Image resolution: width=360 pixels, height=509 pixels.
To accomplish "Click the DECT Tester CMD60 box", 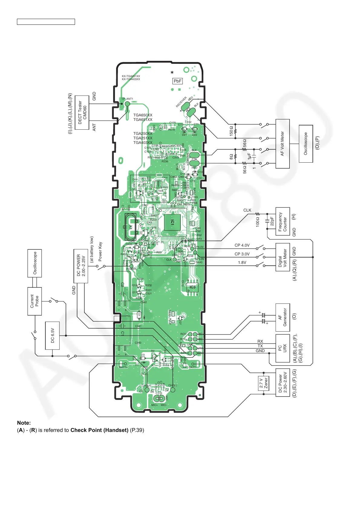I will pyautogui.click(x=82, y=112).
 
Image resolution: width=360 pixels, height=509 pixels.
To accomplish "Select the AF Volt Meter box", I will pyautogui.click(x=283, y=144).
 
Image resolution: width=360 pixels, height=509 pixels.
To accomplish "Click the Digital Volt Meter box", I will pyautogui.click(x=283, y=257).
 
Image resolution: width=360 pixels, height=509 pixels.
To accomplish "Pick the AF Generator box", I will pyautogui.click(x=283, y=317).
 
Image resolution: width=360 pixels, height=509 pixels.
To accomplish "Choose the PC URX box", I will pyautogui.click(x=283, y=348).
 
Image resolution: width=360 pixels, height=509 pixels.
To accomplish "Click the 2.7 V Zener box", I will pyautogui.click(x=264, y=383).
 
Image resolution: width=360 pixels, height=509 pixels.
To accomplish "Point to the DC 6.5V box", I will pyautogui.click(x=52, y=336).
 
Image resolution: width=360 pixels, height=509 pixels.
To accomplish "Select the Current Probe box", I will pyautogui.click(x=34, y=301).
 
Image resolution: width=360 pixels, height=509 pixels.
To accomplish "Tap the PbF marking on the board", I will pyautogui.click(x=178, y=81).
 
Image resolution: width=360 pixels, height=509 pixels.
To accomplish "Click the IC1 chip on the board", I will pyautogui.click(x=172, y=223).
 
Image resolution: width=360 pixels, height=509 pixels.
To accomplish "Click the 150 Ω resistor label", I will pyautogui.click(x=231, y=131).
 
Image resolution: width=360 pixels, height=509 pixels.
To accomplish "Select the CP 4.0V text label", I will pyautogui.click(x=242, y=245).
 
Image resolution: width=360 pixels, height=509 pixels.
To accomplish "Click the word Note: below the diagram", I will pyautogui.click(x=24, y=423).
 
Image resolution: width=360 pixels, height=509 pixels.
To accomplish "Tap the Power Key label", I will pyautogui.click(x=100, y=251).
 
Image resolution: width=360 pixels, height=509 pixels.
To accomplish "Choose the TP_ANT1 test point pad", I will pyautogui.click(x=127, y=104).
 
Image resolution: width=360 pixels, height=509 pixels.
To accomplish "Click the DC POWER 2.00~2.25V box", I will pyautogui.click(x=81, y=266).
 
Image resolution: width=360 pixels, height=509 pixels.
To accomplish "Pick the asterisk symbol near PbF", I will pyautogui.click(x=172, y=73).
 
